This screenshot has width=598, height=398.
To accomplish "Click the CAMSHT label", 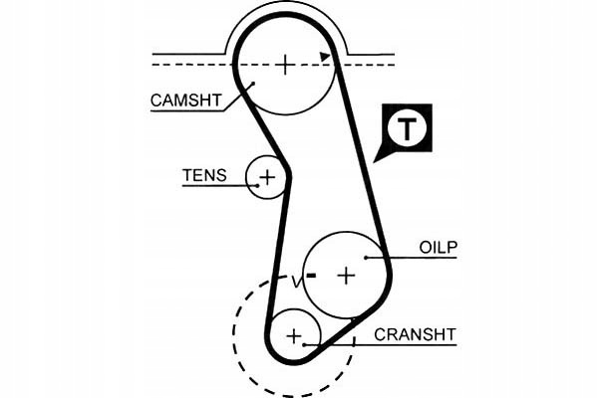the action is pyautogui.click(x=185, y=100).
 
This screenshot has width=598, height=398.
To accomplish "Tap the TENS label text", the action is pyautogui.click(x=204, y=175).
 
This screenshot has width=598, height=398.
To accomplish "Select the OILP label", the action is pyautogui.click(x=438, y=248).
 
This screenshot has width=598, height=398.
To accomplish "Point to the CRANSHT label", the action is pyautogui.click(x=415, y=334).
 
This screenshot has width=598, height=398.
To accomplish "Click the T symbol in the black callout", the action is pyautogui.click(x=407, y=128).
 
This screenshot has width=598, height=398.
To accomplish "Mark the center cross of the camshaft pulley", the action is pyautogui.click(x=285, y=64).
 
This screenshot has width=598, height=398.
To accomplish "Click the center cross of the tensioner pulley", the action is pyautogui.click(x=267, y=177).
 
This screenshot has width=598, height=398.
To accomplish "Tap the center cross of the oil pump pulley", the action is pyautogui.click(x=347, y=276).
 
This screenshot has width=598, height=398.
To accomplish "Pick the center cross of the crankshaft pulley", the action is pyautogui.click(x=294, y=336).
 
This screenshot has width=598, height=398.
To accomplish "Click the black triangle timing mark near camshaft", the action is pyautogui.click(x=325, y=57).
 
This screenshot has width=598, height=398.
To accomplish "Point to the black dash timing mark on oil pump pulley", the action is pyautogui.click(x=312, y=276).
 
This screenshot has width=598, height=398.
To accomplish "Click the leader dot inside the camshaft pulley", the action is pyautogui.click(x=253, y=83).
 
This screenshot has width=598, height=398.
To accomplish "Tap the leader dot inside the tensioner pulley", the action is pyautogui.click(x=258, y=186).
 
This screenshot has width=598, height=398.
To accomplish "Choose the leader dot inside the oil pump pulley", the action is pyautogui.click(x=366, y=258).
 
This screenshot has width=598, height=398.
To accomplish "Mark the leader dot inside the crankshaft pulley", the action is pyautogui.click(x=304, y=345).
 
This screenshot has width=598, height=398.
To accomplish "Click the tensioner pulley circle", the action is pyautogui.click(x=247, y=177).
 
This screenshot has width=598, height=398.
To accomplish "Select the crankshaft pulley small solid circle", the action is pyautogui.click(x=320, y=335).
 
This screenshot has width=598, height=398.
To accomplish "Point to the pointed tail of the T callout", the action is pyautogui.click(x=374, y=162).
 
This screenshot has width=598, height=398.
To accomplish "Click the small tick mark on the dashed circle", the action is pyautogui.click(x=354, y=341).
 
